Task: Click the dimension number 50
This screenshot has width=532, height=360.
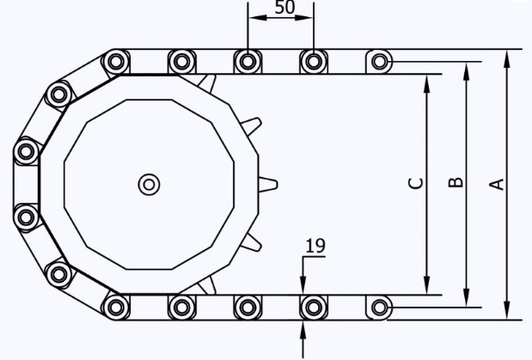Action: click(284, 8)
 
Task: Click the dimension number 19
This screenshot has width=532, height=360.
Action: click(315, 246)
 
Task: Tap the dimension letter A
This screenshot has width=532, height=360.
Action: click(497, 184)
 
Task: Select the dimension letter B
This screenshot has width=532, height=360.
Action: click(456, 182)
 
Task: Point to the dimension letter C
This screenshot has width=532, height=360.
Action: click(416, 183)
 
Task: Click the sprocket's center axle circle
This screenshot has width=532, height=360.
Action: click(149, 185)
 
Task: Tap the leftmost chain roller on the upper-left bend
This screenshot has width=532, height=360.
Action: click(26, 151)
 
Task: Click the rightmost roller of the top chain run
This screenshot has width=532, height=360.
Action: click(379, 62)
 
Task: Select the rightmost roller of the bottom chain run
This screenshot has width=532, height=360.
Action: click(379, 308)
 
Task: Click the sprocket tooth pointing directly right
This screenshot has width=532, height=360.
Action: click(268, 185)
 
